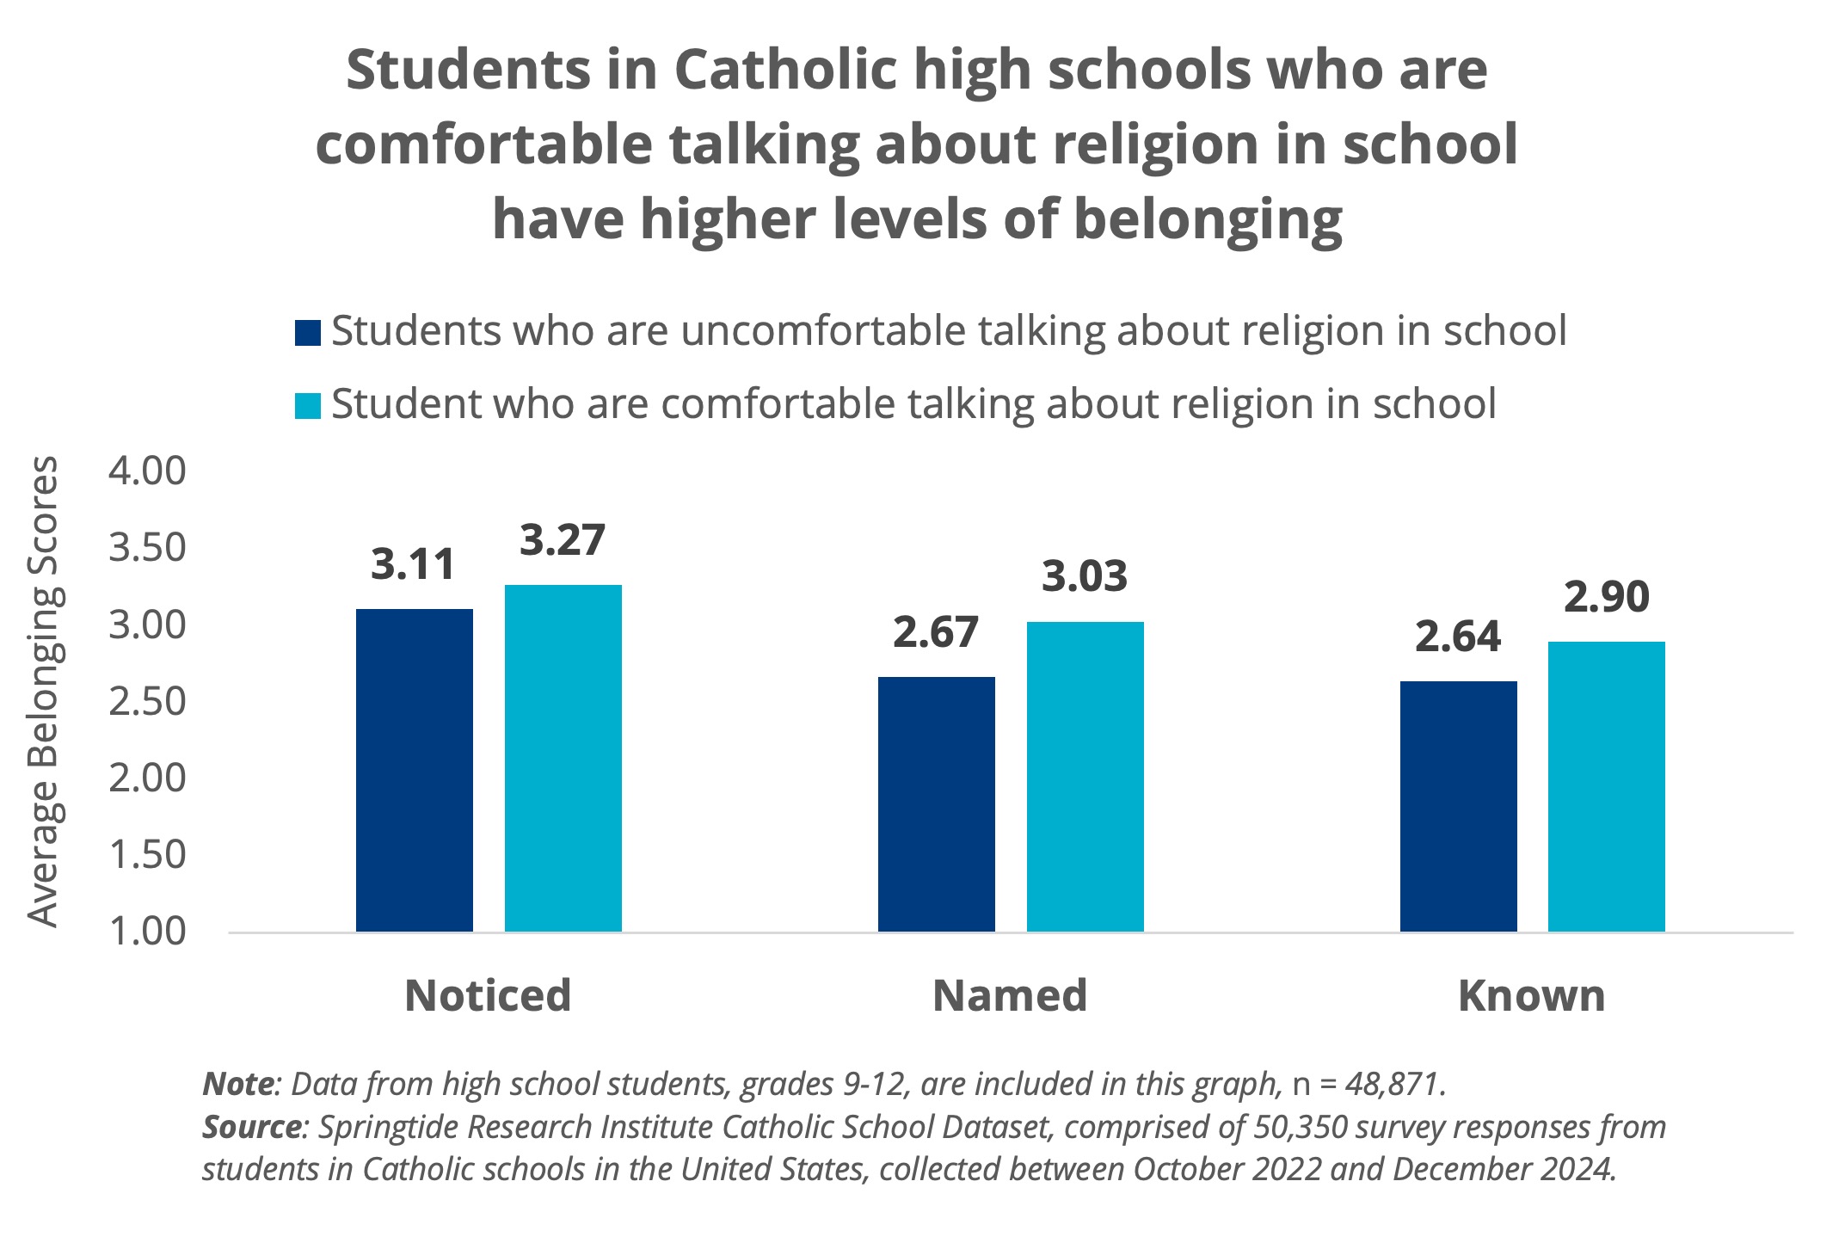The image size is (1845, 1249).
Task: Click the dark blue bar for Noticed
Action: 414,770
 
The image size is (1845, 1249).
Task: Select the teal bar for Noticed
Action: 563,758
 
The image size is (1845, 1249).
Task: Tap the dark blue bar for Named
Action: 936,804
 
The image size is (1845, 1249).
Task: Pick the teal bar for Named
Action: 1085,776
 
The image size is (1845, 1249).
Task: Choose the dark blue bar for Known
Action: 1458,806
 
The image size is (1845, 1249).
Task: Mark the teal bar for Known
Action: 1606,786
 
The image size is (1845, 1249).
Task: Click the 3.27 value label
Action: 563,540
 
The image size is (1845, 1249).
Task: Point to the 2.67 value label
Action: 936,632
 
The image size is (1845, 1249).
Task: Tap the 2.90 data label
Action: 1606,597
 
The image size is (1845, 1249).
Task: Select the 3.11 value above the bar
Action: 413,564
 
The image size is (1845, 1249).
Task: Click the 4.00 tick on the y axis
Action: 147,471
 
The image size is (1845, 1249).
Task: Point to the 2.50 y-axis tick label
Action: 147,702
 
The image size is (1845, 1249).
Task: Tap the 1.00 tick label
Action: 147,932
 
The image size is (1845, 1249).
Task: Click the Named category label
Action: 1010,996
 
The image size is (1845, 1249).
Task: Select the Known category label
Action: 1532,996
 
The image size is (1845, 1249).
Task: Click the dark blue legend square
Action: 308,333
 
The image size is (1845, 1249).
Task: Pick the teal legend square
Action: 308,406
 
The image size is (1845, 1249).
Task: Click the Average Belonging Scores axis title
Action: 43,692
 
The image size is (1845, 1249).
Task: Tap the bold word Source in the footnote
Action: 251,1127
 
